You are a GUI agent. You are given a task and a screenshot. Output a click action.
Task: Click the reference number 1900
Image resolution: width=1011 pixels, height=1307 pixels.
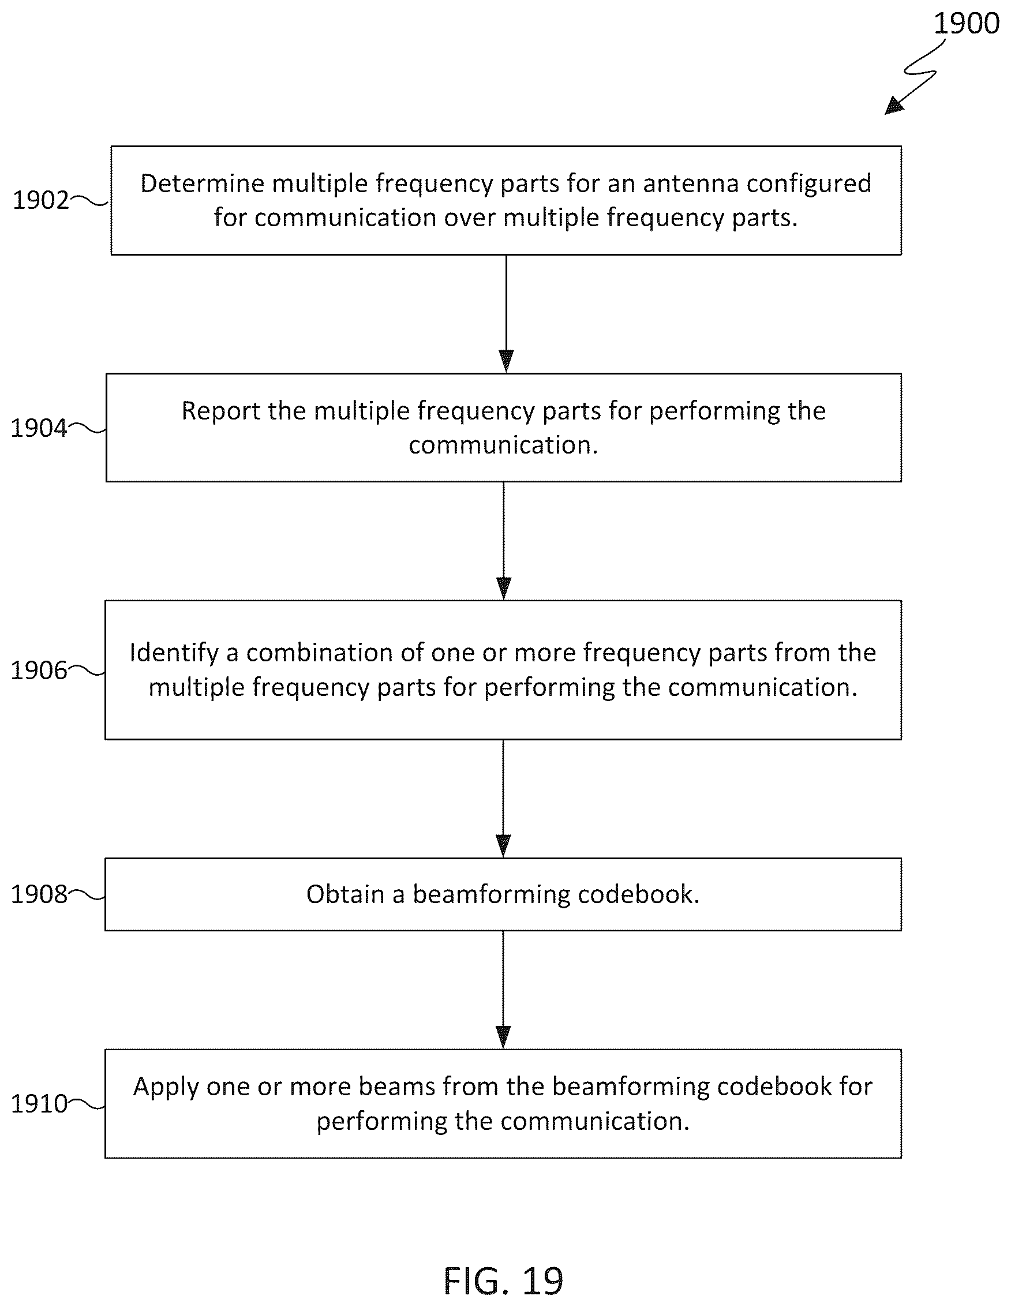966,23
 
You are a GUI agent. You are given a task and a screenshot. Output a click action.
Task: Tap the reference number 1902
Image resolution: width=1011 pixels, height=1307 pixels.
40,200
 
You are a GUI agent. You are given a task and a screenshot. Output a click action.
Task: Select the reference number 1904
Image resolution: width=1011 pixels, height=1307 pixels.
39,428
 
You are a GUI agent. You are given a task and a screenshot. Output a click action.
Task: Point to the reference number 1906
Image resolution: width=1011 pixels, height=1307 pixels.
39,671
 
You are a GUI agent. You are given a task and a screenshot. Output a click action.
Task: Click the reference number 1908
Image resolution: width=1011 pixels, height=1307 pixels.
39,894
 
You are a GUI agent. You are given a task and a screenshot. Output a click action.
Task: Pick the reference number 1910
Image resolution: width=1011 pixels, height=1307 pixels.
39,1103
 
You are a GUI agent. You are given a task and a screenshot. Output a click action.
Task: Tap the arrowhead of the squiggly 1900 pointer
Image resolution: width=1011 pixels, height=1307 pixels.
894,106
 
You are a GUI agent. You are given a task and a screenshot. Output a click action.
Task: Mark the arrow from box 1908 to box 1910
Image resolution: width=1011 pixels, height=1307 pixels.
503,990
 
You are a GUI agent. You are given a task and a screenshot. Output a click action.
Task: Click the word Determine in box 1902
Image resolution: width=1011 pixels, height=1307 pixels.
203,183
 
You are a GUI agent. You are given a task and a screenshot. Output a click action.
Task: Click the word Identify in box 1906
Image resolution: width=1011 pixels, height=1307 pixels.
174,653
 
